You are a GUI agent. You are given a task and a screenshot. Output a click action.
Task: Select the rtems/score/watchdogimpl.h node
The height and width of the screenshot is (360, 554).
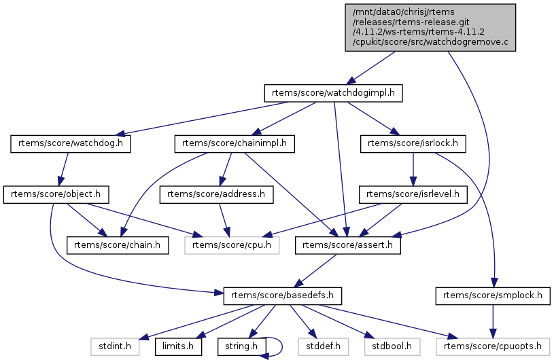point(334,92)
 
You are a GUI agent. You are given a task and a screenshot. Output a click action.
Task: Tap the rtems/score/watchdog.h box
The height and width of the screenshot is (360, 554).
point(71,143)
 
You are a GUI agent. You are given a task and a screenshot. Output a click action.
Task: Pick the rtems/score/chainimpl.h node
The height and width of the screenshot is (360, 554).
point(235,143)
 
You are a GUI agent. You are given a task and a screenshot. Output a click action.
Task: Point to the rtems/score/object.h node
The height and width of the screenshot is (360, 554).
point(56,194)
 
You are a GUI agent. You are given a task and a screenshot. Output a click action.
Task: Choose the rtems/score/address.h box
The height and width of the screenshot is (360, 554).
point(216,194)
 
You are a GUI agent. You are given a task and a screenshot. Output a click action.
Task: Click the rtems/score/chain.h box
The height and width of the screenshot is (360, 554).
point(118,245)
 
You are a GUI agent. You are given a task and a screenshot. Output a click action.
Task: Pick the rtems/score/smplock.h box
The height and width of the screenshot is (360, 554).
point(493,296)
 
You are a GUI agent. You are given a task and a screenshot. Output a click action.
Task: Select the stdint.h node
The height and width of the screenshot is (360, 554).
point(116,347)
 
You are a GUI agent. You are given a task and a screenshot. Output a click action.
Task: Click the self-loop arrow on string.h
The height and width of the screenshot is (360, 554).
point(281,346)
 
